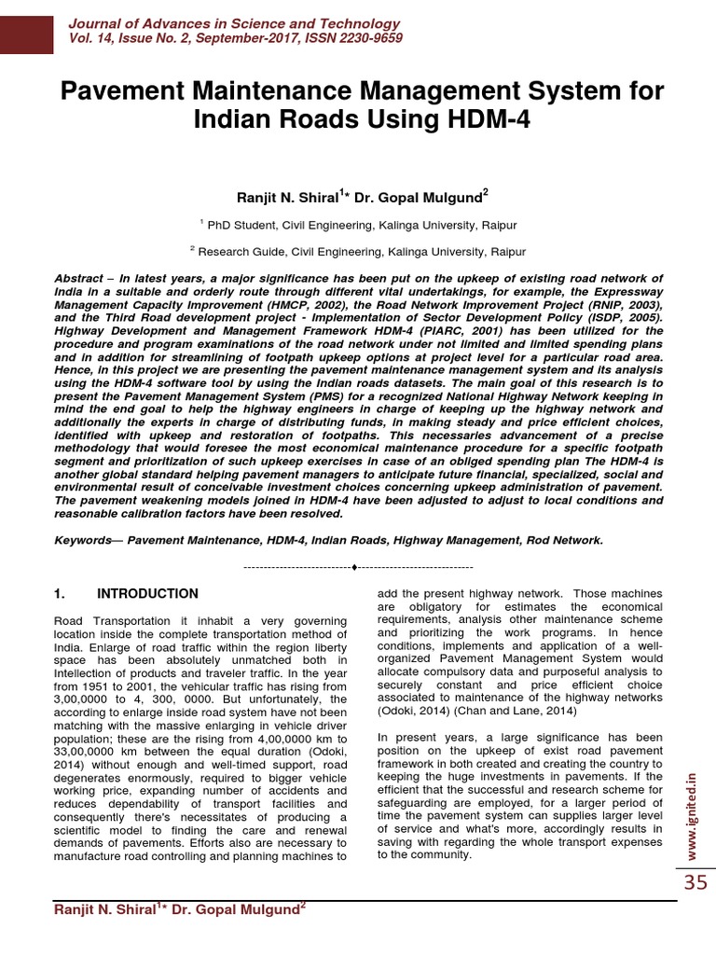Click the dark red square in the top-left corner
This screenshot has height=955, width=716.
coord(25,28)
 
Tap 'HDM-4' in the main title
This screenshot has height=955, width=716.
coord(484,120)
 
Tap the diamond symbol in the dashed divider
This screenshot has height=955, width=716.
coord(356,567)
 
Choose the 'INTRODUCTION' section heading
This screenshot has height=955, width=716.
coord(147,593)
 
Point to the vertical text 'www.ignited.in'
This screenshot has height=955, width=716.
coord(691,810)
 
